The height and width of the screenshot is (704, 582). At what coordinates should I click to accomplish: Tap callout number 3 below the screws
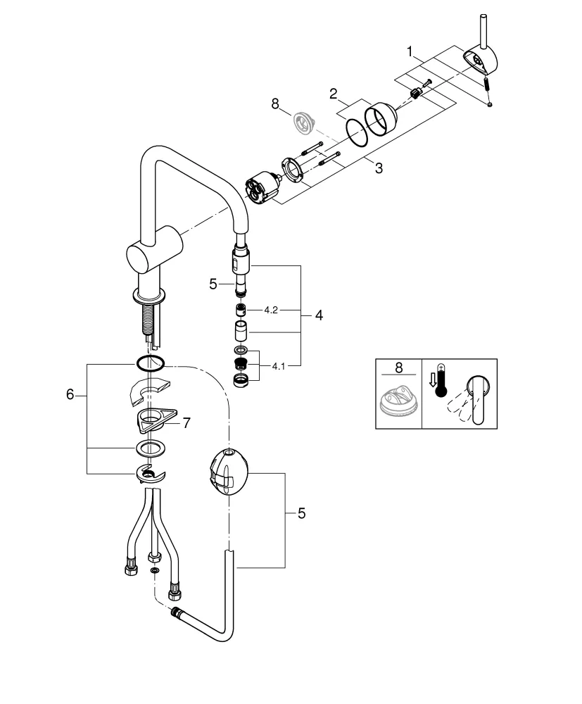(379, 168)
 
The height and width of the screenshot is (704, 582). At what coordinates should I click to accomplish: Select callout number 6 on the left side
(70, 395)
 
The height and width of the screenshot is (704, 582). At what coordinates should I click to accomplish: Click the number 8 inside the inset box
(398, 368)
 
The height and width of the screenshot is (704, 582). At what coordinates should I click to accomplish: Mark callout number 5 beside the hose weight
(301, 514)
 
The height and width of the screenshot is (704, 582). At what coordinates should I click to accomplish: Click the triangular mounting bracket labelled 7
(157, 420)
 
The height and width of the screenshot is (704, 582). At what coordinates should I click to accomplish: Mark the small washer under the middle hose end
(154, 570)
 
